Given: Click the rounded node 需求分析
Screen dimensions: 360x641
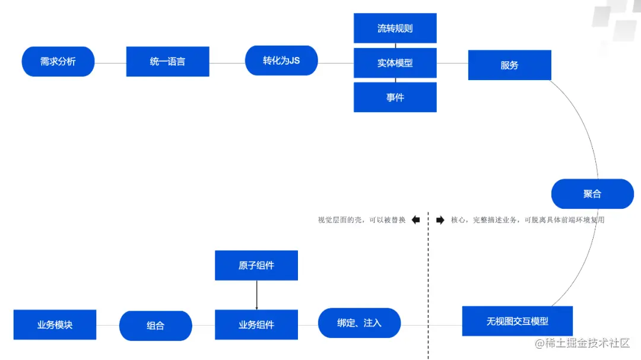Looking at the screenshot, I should pyautogui.click(x=58, y=62).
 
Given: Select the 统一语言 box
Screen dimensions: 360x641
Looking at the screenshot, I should pyautogui.click(x=167, y=62).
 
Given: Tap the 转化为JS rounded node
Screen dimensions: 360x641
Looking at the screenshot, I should pyautogui.click(x=281, y=60).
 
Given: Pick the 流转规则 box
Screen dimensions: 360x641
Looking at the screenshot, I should pyautogui.click(x=395, y=28).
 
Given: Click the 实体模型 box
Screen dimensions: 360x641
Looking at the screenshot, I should pyautogui.click(x=395, y=63).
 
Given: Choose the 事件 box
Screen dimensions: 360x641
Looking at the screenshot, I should pyautogui.click(x=395, y=97).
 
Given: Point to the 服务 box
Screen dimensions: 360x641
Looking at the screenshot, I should pyautogui.click(x=509, y=65).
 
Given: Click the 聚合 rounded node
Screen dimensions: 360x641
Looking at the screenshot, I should pyautogui.click(x=592, y=194).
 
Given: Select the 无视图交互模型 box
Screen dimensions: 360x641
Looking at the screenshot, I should pyautogui.click(x=517, y=321).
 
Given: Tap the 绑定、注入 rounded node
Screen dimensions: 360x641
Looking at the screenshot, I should pyautogui.click(x=359, y=323).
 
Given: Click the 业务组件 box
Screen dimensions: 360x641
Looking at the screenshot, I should pyautogui.click(x=256, y=325).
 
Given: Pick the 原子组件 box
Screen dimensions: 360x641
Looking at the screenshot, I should pyautogui.click(x=256, y=266).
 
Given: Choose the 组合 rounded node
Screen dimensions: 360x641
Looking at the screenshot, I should pyautogui.click(x=156, y=326).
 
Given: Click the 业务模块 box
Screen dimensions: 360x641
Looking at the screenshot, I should pyautogui.click(x=55, y=325).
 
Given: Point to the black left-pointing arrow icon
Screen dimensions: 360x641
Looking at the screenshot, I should pyautogui.click(x=415, y=220).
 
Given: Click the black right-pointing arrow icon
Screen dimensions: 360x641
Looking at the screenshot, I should pyautogui.click(x=440, y=220).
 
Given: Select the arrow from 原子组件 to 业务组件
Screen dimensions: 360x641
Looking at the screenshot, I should pyautogui.click(x=256, y=295).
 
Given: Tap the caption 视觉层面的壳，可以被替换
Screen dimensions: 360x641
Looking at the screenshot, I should pyautogui.click(x=361, y=220).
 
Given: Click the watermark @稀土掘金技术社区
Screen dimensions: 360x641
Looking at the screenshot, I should pyautogui.click(x=582, y=343).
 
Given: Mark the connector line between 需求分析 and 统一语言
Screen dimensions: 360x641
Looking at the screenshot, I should pyautogui.click(x=110, y=62).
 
